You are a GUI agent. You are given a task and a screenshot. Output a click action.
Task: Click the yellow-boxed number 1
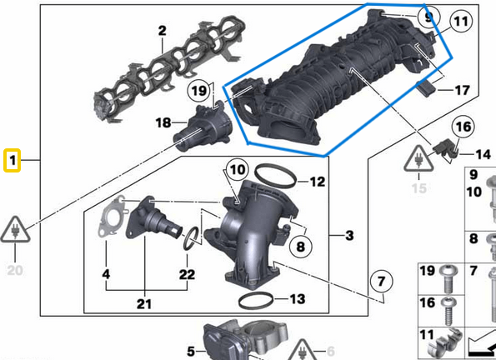[13, 158]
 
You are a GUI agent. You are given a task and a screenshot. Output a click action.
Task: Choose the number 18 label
[164, 123]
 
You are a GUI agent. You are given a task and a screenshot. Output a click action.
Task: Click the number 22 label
[187, 274]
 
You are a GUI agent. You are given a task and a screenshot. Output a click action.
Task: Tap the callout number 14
[483, 154]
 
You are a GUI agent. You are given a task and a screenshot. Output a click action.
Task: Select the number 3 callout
[349, 235]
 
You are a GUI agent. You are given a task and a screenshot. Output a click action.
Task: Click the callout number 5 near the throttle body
[190, 351]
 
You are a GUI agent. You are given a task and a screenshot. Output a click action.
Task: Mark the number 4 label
[106, 274]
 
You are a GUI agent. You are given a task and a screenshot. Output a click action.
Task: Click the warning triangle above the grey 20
[16, 227]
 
